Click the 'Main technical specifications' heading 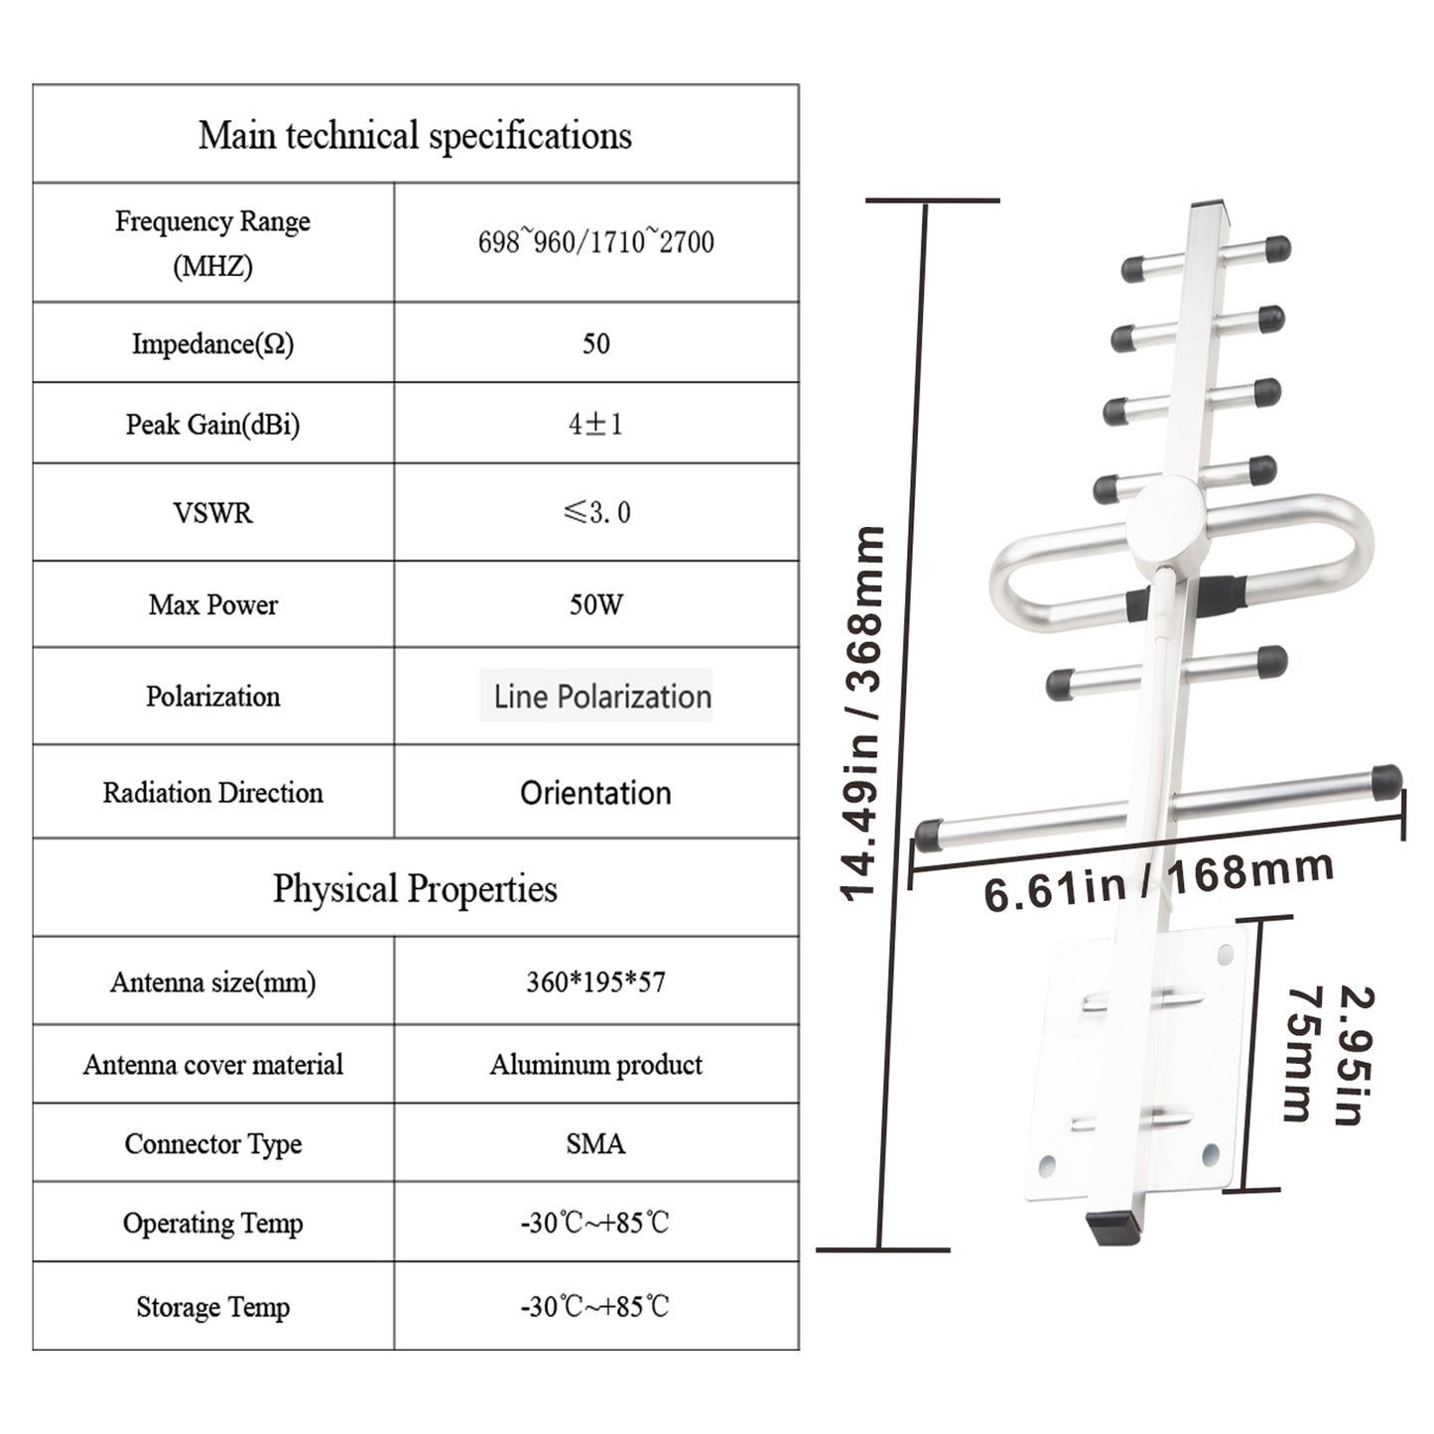pyautogui.click(x=415, y=136)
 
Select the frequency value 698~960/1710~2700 pyautogui.click(x=595, y=242)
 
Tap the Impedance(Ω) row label pyautogui.click(x=212, y=343)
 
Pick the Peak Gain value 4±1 pyautogui.click(x=595, y=425)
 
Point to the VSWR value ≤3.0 pyautogui.click(x=595, y=513)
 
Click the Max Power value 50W pyautogui.click(x=595, y=604)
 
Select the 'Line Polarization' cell pyautogui.click(x=601, y=697)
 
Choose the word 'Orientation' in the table pyautogui.click(x=595, y=793)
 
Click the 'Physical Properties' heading pyautogui.click(x=415, y=888)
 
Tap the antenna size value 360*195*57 pyautogui.click(x=595, y=982)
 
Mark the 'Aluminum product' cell pyautogui.click(x=595, y=1065)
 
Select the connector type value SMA pyautogui.click(x=595, y=1144)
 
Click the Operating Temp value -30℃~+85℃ pyautogui.click(x=595, y=1223)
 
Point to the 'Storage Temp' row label pyautogui.click(x=212, y=1307)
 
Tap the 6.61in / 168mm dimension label pyautogui.click(x=1157, y=879)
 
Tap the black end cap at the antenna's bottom pyautogui.click(x=1111, y=1229)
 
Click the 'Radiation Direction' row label pyautogui.click(x=212, y=793)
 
